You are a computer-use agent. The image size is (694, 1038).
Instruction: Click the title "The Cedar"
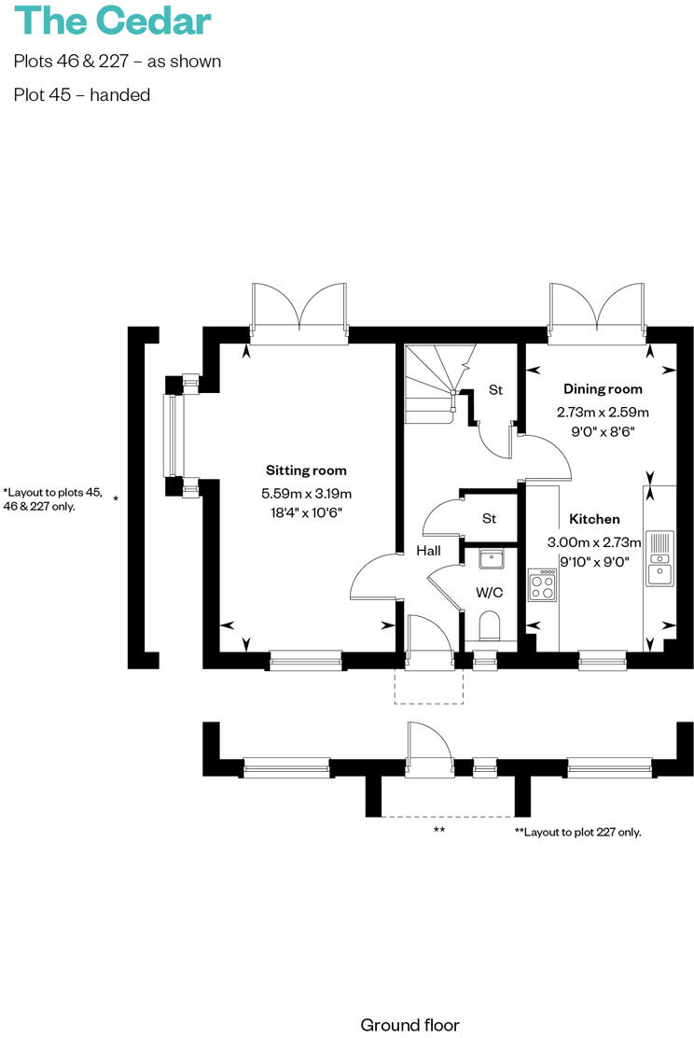[x=113, y=21]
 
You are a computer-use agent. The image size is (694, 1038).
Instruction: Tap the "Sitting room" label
[x=306, y=470]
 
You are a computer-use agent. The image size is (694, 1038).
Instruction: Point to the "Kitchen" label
[x=594, y=519]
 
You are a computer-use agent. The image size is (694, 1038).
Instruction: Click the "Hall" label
[x=429, y=552]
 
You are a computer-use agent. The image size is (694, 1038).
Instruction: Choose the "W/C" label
[x=490, y=592]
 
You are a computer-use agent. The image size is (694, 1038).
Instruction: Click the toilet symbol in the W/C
[x=490, y=624]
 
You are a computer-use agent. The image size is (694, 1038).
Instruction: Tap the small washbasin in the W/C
[x=491, y=559]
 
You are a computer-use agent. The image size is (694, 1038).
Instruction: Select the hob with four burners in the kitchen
[x=542, y=584]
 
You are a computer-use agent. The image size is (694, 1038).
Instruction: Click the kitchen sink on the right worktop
[x=659, y=556]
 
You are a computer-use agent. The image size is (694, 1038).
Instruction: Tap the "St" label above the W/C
[x=489, y=518]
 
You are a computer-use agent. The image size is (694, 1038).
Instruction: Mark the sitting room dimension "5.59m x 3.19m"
[x=306, y=494]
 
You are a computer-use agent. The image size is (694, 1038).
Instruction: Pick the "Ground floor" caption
[x=409, y=1025]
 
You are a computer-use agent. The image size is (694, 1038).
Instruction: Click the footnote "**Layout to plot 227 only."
[x=577, y=832]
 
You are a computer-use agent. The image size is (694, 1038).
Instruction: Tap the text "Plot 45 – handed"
[x=82, y=95]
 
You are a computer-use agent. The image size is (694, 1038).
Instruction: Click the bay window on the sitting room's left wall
[x=171, y=435]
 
